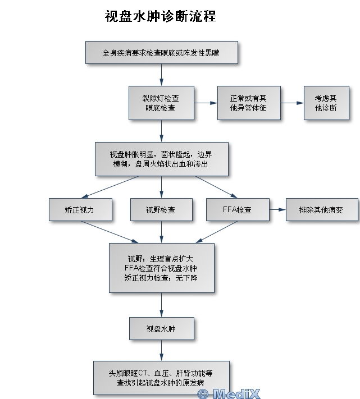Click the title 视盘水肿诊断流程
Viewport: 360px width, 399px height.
point(161,16)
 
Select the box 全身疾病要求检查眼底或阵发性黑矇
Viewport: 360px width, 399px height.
point(162,52)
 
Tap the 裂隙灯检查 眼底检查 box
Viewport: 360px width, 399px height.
point(161,103)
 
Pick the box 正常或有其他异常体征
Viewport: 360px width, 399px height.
point(249,103)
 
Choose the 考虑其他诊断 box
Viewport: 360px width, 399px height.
point(326,103)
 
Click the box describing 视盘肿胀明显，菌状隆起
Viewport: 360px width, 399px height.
point(162,159)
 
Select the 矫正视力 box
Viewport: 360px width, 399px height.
point(80,210)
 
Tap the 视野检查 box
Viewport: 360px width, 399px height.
point(161,210)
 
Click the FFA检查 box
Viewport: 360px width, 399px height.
point(238,210)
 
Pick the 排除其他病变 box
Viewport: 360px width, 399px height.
point(322,210)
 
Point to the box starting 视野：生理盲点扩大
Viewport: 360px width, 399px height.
point(162,268)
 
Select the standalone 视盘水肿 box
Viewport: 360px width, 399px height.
point(162,328)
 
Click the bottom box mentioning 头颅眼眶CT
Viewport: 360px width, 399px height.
point(161,378)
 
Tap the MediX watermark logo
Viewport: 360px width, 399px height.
point(229,393)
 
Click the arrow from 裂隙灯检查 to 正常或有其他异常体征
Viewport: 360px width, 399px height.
point(206,103)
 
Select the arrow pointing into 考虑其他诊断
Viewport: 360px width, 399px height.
point(292,103)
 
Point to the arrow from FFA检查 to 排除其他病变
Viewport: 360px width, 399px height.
point(277,210)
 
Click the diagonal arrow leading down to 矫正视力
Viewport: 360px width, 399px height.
point(110,187)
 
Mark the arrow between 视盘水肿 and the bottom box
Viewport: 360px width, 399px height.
point(161,350)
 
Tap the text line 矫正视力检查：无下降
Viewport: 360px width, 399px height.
point(161,278)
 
